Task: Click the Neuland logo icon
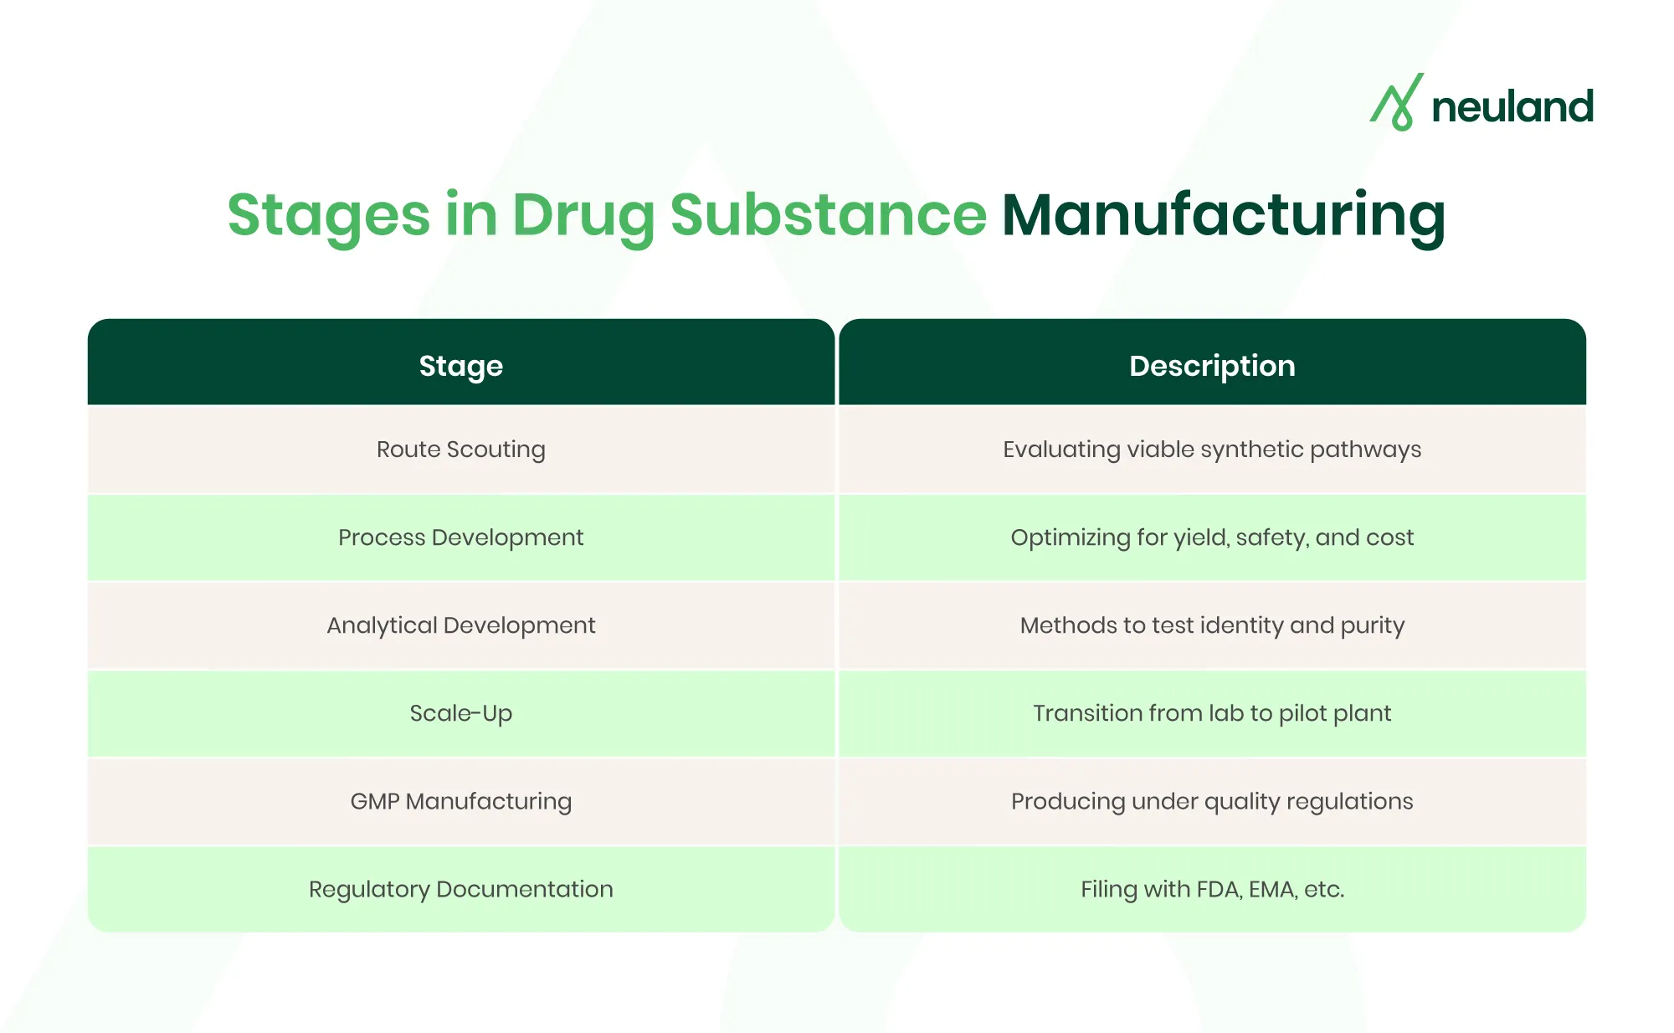pos(1396,102)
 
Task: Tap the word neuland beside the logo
pos(1512,107)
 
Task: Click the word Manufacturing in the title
pos(1223,215)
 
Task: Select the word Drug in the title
pos(583,215)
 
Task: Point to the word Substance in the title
pos(828,215)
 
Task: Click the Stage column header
pos(460,366)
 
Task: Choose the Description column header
pos(1212,366)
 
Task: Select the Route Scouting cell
pos(460,450)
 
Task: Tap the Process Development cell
pos(460,537)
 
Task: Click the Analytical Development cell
pos(460,625)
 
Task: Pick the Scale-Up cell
pos(460,713)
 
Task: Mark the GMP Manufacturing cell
pos(460,801)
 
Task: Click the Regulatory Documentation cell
pos(460,889)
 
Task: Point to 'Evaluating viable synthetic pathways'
pos(1212,450)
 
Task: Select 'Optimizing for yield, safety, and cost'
pos(1212,537)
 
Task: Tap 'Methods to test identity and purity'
pos(1212,625)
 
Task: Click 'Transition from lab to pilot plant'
pos(1212,713)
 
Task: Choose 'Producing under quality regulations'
pos(1212,801)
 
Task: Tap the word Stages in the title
pos(328,215)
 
